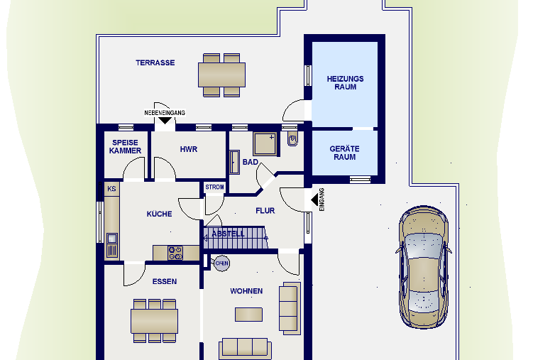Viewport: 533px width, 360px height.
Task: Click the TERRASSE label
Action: (x=155, y=63)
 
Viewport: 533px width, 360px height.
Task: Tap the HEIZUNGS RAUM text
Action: (x=346, y=83)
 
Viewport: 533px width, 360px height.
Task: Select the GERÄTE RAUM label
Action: (x=345, y=153)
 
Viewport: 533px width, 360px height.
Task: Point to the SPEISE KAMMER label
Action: (x=125, y=146)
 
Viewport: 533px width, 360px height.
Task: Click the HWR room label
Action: (x=189, y=149)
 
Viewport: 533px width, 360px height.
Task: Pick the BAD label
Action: (x=251, y=162)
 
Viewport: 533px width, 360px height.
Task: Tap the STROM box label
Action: (x=214, y=187)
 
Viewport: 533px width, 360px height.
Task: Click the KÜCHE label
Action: (x=160, y=214)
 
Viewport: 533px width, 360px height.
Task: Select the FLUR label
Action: (x=265, y=211)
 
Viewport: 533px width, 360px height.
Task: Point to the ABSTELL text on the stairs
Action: (x=228, y=234)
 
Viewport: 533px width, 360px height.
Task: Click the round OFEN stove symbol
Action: (x=221, y=263)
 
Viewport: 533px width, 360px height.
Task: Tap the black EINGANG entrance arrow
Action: (x=315, y=200)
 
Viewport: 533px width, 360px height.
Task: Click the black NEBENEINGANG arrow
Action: (x=165, y=121)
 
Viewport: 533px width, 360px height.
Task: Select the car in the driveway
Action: (x=424, y=267)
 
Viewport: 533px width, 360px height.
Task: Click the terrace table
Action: (x=221, y=75)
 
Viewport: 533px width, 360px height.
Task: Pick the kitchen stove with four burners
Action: (x=175, y=253)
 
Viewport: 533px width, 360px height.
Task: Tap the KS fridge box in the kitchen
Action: (x=111, y=189)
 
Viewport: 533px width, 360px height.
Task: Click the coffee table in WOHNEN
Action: (x=249, y=315)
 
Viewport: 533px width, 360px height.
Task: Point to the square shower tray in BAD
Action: (x=265, y=144)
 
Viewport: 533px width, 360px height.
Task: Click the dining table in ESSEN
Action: (x=154, y=321)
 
